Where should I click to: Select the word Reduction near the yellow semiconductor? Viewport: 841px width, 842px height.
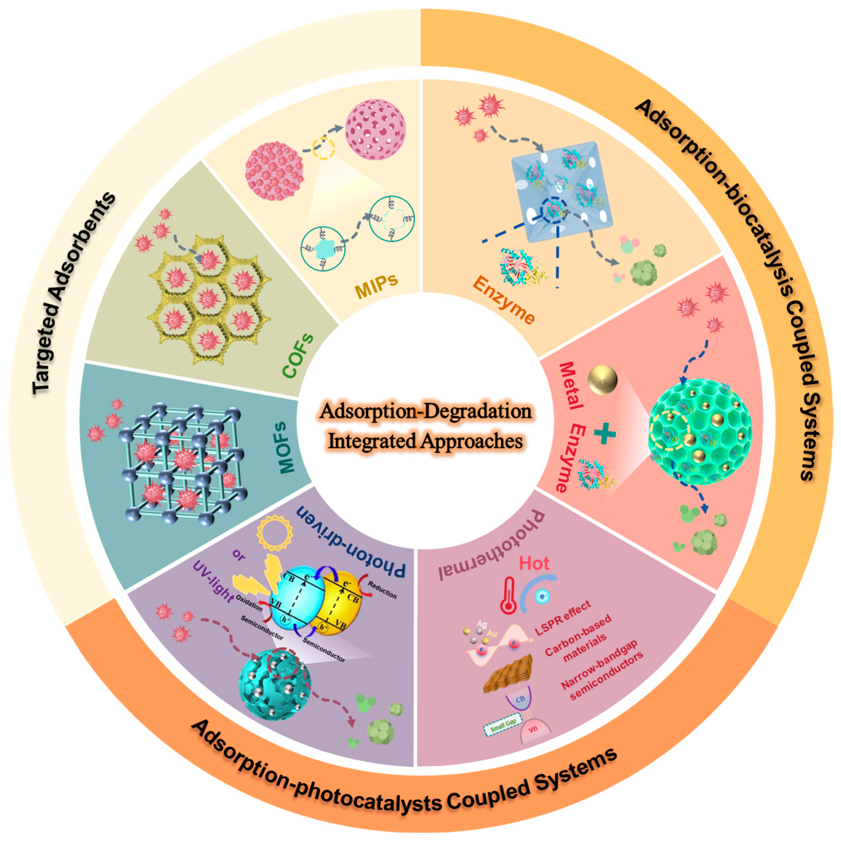coord(382,590)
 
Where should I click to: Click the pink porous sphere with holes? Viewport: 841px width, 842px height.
coord(375,129)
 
